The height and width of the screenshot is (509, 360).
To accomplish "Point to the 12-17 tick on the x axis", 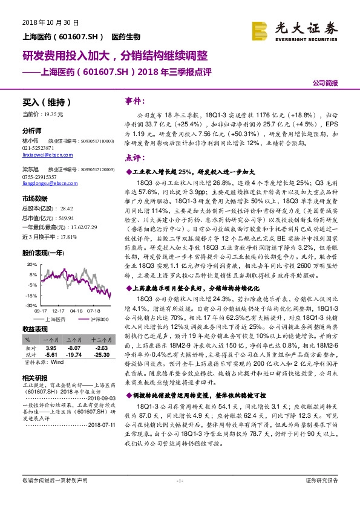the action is click(x=59, y=311).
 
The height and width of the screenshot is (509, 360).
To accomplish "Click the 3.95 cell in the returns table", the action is click(x=51, y=348).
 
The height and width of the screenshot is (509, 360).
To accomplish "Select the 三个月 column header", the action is click(x=74, y=340).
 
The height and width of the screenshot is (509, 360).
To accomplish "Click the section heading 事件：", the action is click(x=134, y=101).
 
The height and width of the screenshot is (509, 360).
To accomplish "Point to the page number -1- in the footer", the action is click(x=180, y=498).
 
